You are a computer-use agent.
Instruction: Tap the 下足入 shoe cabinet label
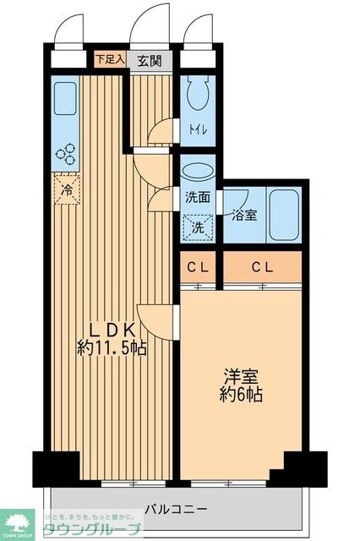pos(109,60)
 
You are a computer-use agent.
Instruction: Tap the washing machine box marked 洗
pos(197,227)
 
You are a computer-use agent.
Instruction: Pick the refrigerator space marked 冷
pos(65,189)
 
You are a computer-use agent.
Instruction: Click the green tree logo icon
pos(16,523)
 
